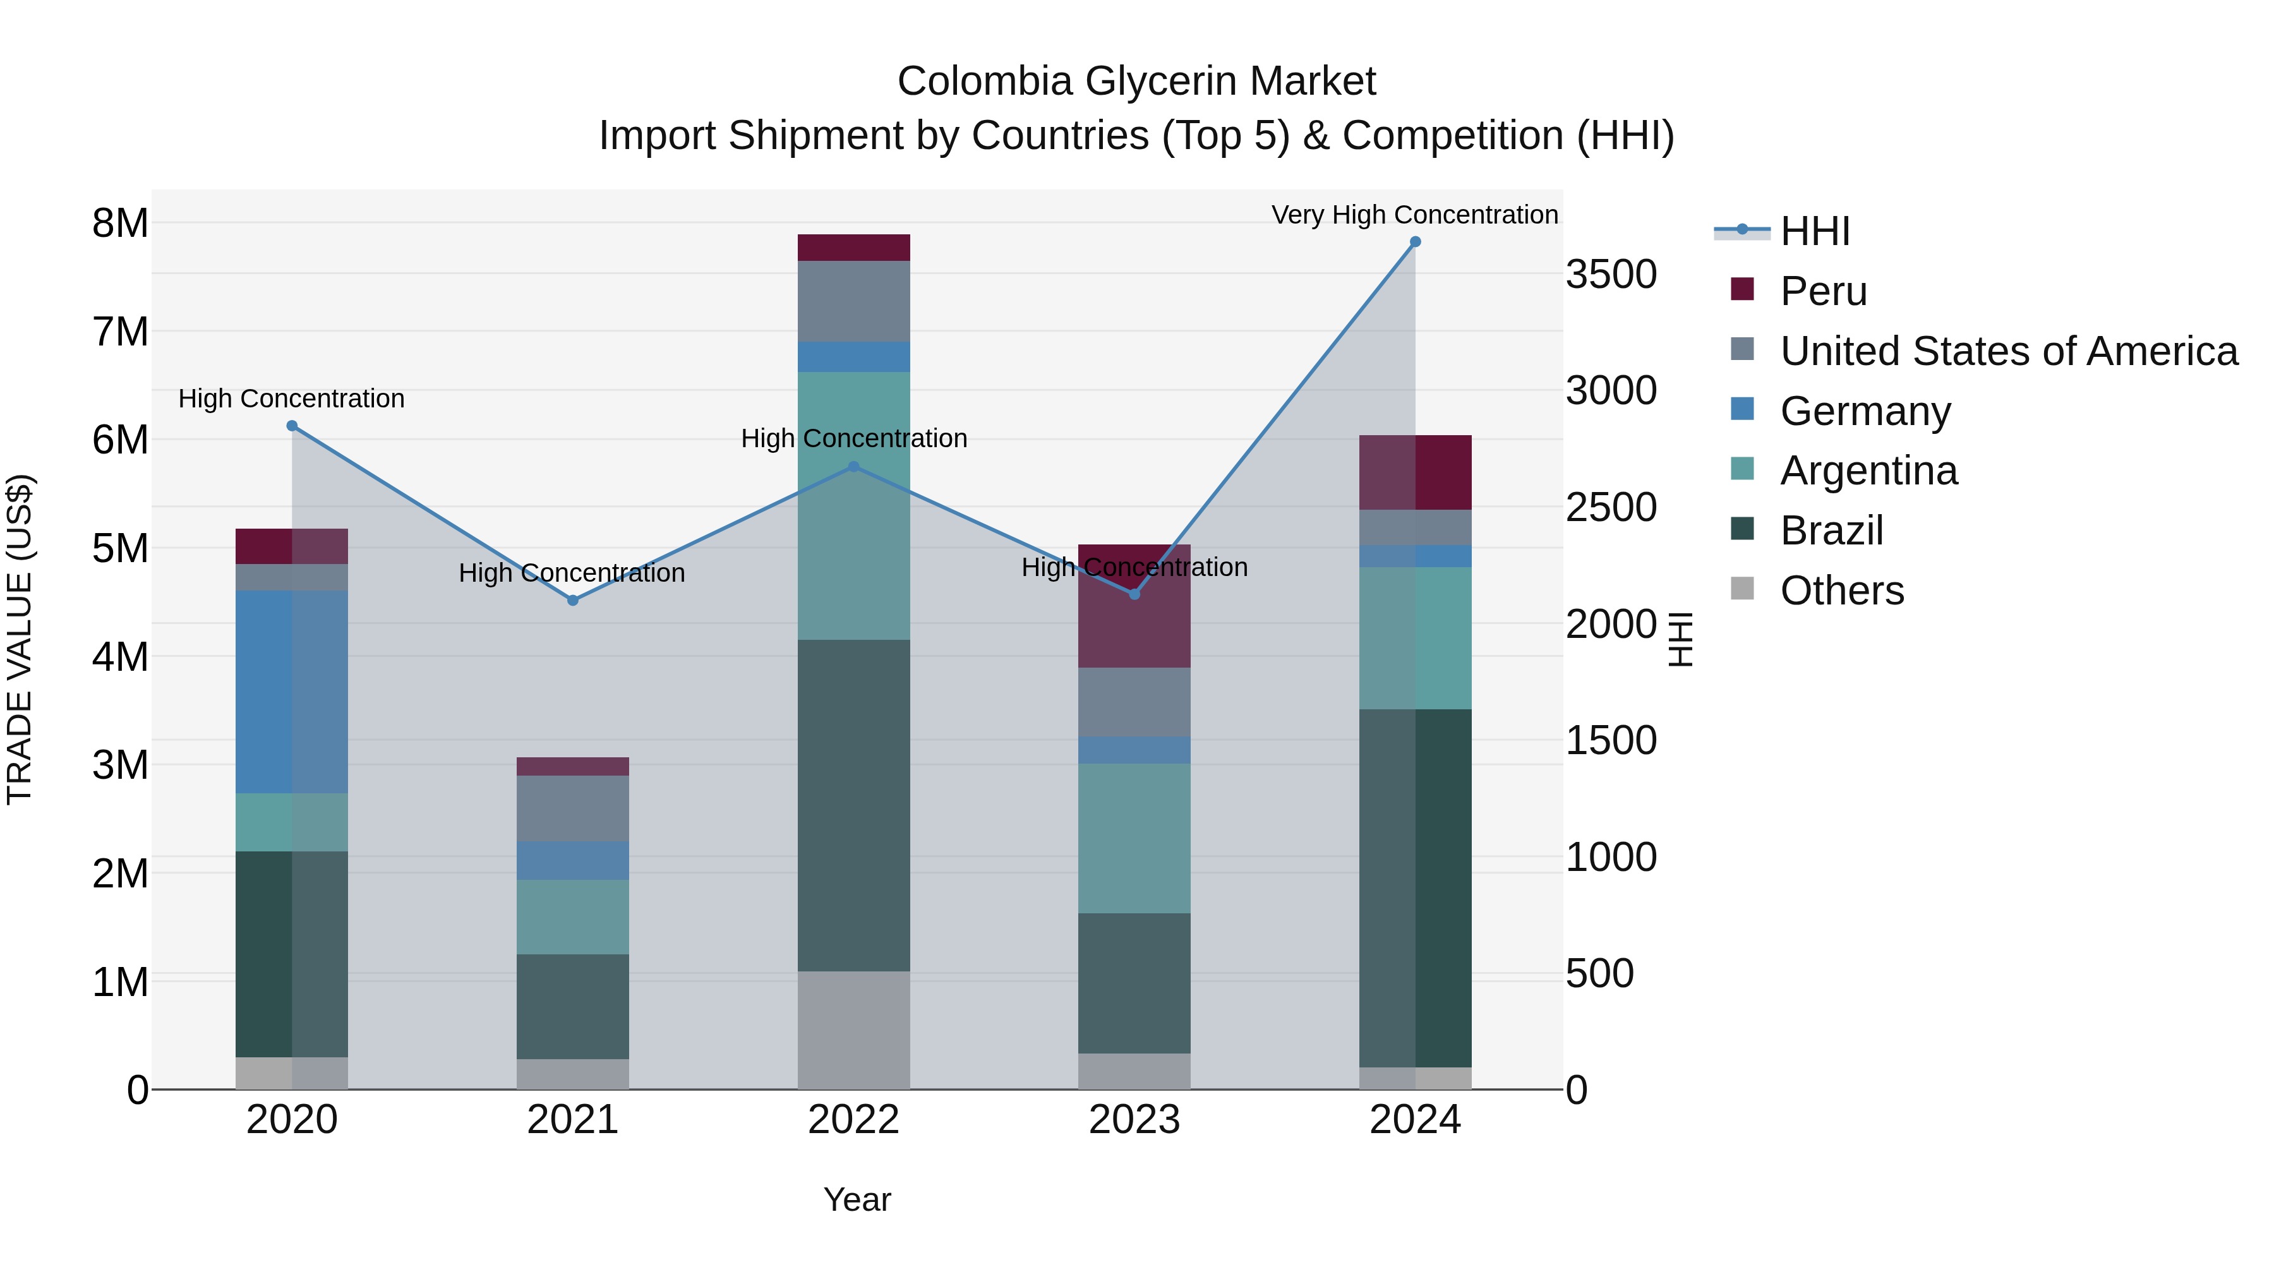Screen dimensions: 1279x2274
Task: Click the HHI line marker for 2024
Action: [x=1415, y=242]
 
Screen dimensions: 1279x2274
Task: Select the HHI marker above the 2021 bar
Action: [x=573, y=600]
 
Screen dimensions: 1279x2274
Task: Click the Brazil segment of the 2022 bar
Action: [x=853, y=805]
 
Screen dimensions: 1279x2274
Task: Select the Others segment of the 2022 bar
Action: [x=853, y=1030]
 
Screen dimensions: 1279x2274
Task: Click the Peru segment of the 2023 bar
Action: [x=1134, y=618]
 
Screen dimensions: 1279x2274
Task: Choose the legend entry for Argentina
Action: [x=1868, y=471]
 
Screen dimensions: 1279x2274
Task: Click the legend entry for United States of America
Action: [x=2008, y=351]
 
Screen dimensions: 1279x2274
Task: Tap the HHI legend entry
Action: [x=1814, y=231]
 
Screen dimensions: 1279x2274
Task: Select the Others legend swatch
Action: [x=1743, y=589]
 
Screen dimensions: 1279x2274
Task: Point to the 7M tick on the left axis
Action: [x=121, y=333]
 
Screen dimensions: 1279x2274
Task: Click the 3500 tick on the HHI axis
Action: [x=1611, y=275]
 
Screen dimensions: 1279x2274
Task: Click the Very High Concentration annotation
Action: [x=1414, y=215]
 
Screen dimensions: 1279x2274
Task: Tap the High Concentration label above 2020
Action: [x=291, y=399]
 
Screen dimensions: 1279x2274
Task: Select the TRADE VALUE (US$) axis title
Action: [x=20, y=639]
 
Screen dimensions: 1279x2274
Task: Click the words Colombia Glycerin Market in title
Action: [x=1136, y=81]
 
